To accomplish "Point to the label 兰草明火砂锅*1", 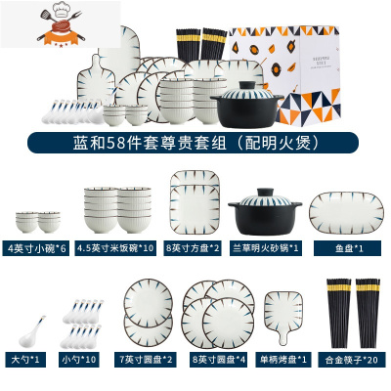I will point(264,247).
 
